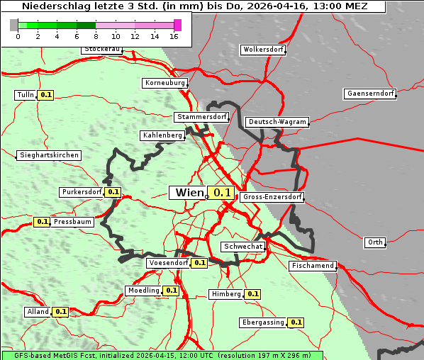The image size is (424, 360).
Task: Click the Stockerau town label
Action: pyautogui.click(x=102, y=50)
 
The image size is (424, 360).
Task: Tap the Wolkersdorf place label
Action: pyautogui.click(x=263, y=50)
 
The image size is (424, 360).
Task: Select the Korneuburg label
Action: pyautogui.click(x=165, y=83)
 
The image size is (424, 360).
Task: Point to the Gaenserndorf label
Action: pyautogui.click(x=369, y=94)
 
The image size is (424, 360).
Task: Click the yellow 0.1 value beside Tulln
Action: pyautogui.click(x=45, y=95)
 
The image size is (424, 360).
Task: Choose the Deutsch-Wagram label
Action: pyautogui.click(x=277, y=122)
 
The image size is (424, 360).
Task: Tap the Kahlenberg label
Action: pyautogui.click(x=162, y=135)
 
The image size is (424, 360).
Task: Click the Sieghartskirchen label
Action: pyautogui.click(x=49, y=155)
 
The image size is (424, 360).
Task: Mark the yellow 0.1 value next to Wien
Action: pyautogui.click(x=223, y=192)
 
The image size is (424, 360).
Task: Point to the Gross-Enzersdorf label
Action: pyautogui.click(x=272, y=197)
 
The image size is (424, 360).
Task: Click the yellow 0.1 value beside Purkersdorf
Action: pyautogui.click(x=113, y=192)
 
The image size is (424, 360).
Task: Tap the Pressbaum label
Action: pyautogui.click(x=72, y=222)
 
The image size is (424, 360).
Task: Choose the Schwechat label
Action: pyautogui.click(x=243, y=247)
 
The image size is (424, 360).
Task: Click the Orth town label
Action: pyautogui.click(x=375, y=242)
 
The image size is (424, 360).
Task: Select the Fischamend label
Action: pyautogui.click(x=312, y=266)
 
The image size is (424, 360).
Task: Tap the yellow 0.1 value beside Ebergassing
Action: pyautogui.click(x=296, y=322)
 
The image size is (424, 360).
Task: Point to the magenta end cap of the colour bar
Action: pyautogui.click(x=177, y=25)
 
